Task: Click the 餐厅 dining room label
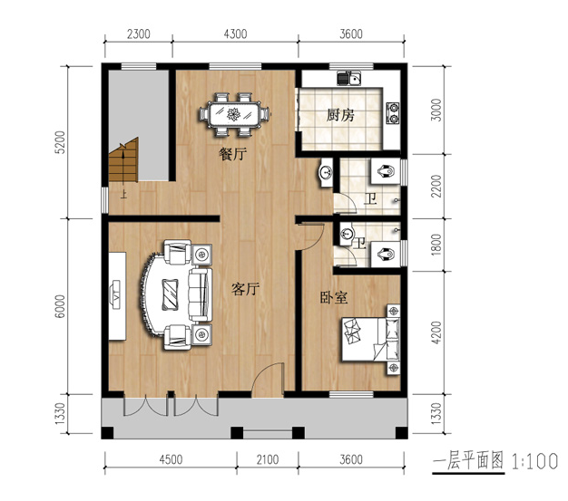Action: [x=233, y=154]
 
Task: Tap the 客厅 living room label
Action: [x=245, y=289]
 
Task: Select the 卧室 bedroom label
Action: [x=334, y=297]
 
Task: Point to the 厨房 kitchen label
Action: [x=339, y=115]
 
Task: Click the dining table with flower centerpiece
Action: [x=234, y=115]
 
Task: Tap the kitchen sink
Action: [x=349, y=78]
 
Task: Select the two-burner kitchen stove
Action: [x=393, y=112]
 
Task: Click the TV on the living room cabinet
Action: [x=117, y=294]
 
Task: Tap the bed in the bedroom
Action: [x=370, y=340]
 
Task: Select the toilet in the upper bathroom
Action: [x=386, y=170]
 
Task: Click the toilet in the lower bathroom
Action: [x=386, y=255]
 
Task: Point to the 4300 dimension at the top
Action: [x=236, y=34]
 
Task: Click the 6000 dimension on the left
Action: [x=60, y=306]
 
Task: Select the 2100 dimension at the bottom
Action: [x=268, y=459]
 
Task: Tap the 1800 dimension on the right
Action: [x=436, y=245]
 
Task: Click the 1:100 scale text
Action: [x=534, y=461]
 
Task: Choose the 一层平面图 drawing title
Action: [x=468, y=461]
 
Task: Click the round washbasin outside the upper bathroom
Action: [x=326, y=172]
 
